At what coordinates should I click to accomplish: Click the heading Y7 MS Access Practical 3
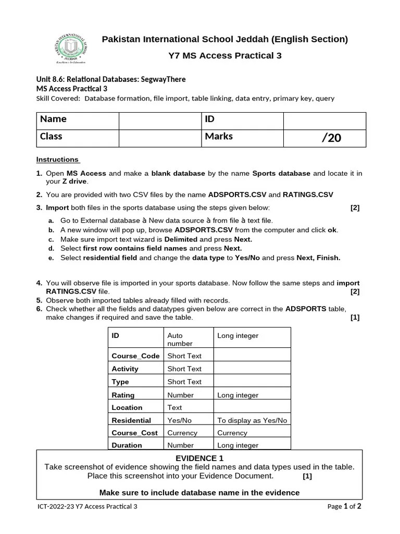click(225, 55)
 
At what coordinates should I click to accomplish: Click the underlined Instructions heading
click(57, 160)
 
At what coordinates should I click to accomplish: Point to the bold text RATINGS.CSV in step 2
click(307, 195)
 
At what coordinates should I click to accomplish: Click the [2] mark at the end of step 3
click(355, 208)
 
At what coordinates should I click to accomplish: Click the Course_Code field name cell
click(135, 356)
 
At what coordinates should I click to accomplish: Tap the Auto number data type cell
click(187, 339)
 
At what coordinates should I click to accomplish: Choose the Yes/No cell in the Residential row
click(187, 420)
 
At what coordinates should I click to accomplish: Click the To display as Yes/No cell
click(252, 420)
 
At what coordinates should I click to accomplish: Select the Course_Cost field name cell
click(135, 433)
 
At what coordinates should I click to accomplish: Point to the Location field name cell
click(135, 408)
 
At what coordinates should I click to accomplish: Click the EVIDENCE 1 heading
click(199, 458)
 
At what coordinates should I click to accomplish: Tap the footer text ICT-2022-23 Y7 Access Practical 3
click(87, 506)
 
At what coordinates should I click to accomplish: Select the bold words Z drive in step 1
click(75, 181)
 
